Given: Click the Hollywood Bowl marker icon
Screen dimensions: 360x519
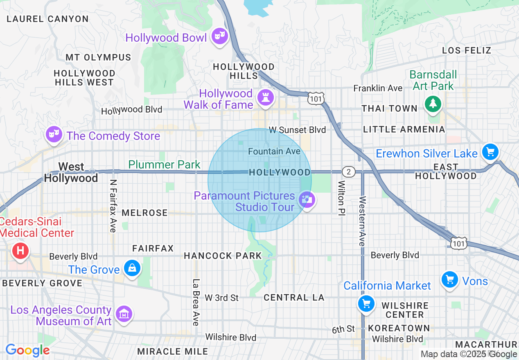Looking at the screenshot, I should pos(220,37).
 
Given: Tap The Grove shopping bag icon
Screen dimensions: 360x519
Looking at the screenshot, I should pos(132,269).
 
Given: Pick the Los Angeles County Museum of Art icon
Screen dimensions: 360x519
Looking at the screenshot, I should pos(124,314).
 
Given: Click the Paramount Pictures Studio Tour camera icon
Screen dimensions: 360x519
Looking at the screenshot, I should pos(307,200).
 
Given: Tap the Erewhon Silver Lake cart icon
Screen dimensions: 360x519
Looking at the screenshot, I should pos(490,152).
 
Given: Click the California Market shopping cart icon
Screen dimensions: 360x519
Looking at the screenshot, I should pos(366,304).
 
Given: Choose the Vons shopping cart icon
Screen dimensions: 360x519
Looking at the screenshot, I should pos(450,280).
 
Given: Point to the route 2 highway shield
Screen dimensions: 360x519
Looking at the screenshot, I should pos(348,172).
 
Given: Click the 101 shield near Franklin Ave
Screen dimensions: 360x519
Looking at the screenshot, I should pos(317,98).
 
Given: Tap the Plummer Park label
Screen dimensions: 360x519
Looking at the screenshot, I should pos(164,164).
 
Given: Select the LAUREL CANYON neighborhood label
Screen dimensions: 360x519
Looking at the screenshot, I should pos(48,19).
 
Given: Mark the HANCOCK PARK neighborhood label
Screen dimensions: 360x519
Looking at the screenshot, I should pos(223,256).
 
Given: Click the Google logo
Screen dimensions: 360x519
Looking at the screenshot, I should pos(27,351).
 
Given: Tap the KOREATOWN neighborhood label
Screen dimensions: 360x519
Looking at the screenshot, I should pos(399,328).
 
